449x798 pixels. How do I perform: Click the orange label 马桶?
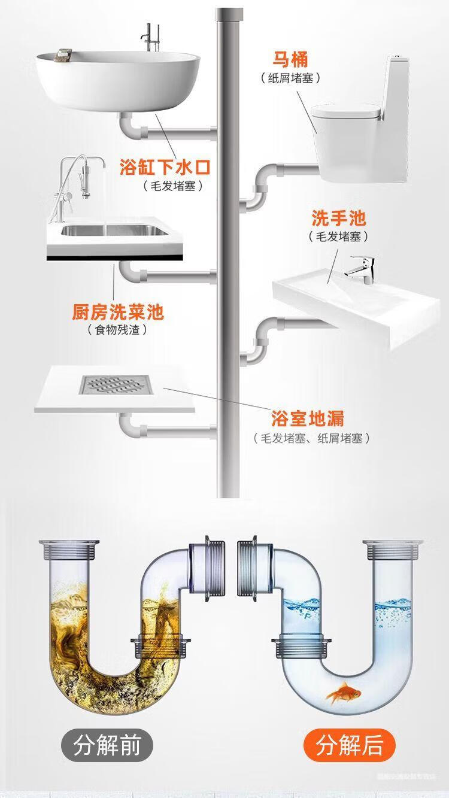[x=291, y=60]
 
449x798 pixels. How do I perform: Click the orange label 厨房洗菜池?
[x=117, y=311]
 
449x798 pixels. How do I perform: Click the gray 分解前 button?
[x=107, y=746]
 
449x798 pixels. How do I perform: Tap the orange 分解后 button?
[x=350, y=746]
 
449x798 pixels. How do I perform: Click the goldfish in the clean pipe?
[x=344, y=695]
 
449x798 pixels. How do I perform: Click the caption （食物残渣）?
[x=117, y=330]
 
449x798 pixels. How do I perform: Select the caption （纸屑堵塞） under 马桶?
[x=291, y=78]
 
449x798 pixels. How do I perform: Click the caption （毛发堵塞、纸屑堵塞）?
[x=312, y=438]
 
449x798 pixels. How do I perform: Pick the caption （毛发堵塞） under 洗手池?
[x=338, y=236]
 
